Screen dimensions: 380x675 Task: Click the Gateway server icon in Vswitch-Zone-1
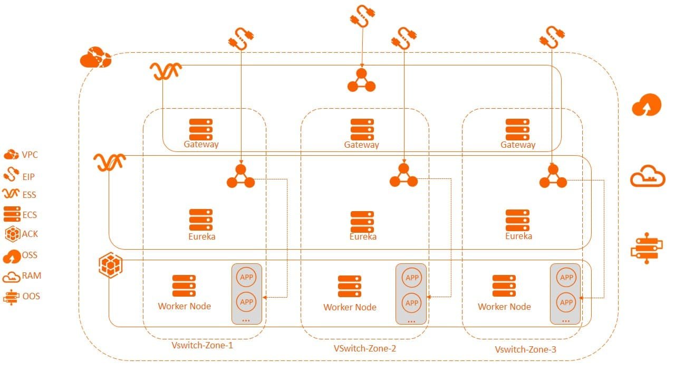(201, 129)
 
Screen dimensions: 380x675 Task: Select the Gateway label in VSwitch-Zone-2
(362, 145)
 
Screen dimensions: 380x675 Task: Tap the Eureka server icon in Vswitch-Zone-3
(517, 220)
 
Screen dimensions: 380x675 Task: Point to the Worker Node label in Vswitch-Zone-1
(185, 306)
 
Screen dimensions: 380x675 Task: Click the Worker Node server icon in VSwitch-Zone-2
(350, 286)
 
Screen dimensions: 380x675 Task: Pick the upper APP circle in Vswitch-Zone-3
(566, 278)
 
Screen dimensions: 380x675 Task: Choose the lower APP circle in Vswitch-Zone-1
(247, 302)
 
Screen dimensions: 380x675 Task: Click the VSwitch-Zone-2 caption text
(365, 348)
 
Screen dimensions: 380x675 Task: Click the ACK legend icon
(13, 234)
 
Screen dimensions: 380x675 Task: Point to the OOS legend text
(31, 296)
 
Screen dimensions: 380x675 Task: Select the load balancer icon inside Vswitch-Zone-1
(241, 176)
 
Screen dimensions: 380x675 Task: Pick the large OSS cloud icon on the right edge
(647, 106)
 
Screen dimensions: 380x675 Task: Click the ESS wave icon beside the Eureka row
(109, 161)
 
